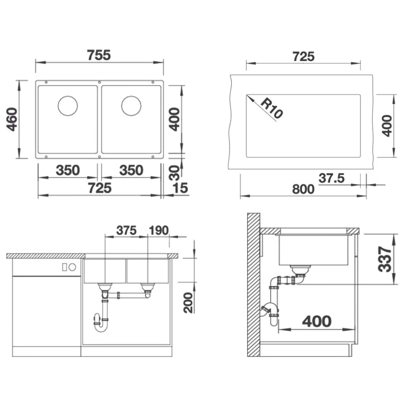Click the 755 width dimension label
(99, 55)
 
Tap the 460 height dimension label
(12, 119)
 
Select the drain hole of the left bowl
(68, 105)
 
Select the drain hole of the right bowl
(131, 105)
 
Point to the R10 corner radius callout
(271, 108)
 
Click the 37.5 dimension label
(332, 178)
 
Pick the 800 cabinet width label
(303, 189)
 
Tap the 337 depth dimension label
(385, 259)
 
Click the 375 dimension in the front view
(126, 230)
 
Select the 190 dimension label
(159, 230)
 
